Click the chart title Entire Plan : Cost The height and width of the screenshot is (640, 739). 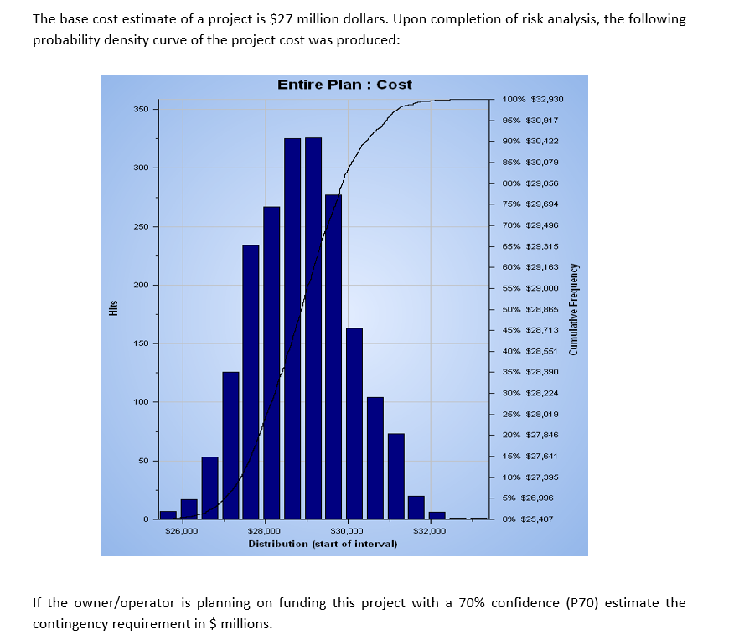coord(344,85)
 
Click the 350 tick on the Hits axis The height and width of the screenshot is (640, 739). coord(140,110)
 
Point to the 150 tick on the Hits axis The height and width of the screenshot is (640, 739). coord(140,343)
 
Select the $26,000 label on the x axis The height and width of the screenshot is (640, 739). coord(182,531)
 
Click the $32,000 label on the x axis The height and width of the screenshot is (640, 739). coord(430,531)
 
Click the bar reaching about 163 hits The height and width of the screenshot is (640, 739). coord(354,423)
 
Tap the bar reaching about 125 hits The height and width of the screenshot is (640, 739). coord(230,445)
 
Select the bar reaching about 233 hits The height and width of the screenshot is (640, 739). coord(251,382)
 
